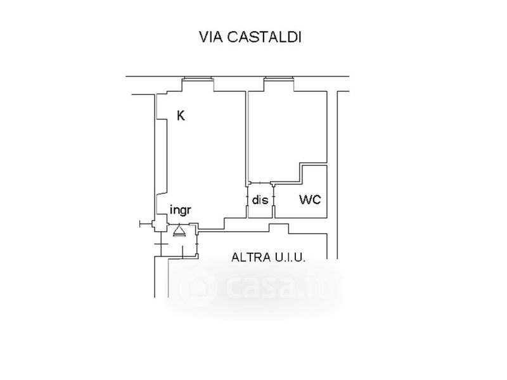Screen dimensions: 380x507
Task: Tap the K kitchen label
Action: click(181, 116)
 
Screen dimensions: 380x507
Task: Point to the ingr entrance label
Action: click(181, 210)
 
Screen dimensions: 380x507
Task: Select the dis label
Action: click(260, 200)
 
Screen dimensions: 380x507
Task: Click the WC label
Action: click(311, 200)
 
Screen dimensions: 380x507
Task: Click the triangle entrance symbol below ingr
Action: click(179, 229)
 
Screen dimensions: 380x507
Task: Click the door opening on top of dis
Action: click(260, 183)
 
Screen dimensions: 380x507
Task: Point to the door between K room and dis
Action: click(247, 200)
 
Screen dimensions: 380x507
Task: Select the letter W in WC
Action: click(305, 200)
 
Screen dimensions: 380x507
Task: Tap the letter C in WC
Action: click(316, 200)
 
